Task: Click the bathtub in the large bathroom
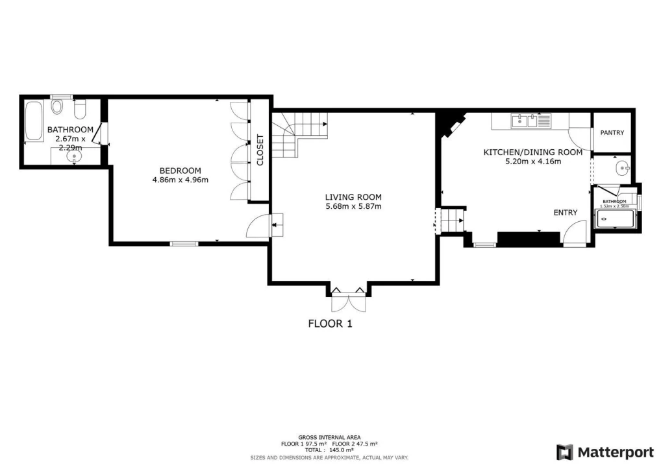[x=33, y=121]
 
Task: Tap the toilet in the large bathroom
[x=56, y=106]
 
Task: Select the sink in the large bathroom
[x=74, y=157]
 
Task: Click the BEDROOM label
[x=180, y=171]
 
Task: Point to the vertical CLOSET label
[x=260, y=150]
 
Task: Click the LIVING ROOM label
[x=353, y=197]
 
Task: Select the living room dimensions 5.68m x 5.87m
[x=353, y=206]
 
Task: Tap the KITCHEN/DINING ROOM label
[x=533, y=152]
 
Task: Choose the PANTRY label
[x=612, y=133]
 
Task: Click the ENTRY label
[x=566, y=213]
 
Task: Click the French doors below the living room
[x=348, y=300]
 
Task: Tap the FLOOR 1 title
[x=330, y=324]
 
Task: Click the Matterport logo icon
[x=564, y=452]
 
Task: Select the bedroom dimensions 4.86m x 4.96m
[x=180, y=180]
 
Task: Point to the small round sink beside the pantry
[x=622, y=169]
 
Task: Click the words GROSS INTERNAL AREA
[x=329, y=438]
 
